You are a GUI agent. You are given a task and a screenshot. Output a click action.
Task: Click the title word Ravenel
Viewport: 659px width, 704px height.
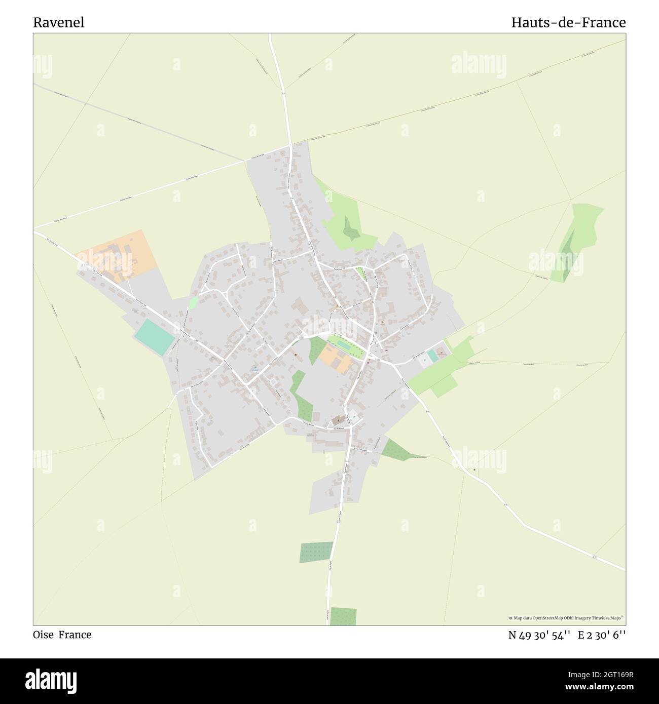(x=59, y=23)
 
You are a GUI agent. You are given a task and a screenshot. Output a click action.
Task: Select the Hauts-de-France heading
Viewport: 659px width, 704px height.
(x=568, y=23)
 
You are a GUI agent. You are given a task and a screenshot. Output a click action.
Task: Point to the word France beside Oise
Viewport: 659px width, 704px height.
(x=75, y=635)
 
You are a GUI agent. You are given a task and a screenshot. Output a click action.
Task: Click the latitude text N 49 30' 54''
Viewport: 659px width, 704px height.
(x=539, y=635)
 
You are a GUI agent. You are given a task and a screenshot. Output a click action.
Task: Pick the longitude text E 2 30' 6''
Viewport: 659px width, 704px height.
(x=605, y=635)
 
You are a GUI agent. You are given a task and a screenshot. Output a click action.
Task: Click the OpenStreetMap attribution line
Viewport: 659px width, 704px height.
(x=567, y=618)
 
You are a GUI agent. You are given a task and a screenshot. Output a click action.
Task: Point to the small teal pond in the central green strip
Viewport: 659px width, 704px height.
(x=343, y=345)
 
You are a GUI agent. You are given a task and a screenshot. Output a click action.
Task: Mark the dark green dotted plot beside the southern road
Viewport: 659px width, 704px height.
(x=316, y=553)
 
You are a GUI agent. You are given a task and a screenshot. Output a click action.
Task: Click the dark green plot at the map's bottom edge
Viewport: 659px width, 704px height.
(x=343, y=616)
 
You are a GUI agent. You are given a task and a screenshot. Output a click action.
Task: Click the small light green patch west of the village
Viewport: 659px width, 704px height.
(x=193, y=303)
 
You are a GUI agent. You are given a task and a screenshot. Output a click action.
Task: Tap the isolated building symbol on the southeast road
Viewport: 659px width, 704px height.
(x=474, y=470)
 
